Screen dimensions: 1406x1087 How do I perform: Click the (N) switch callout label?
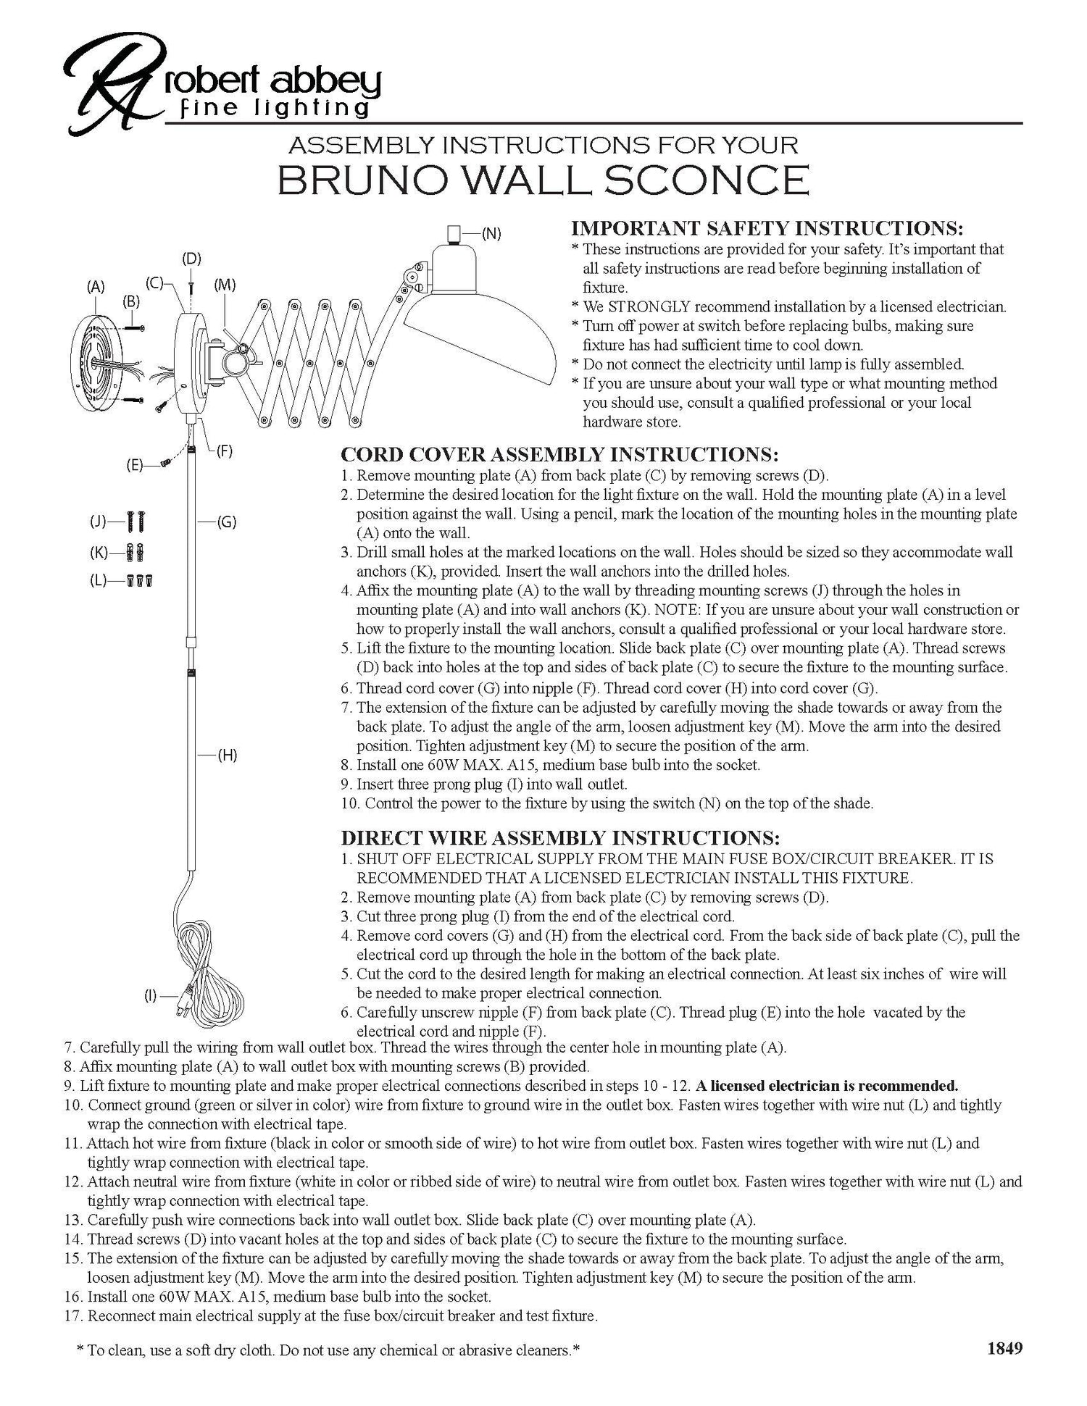click(x=491, y=233)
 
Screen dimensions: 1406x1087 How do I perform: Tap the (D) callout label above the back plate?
click(x=191, y=259)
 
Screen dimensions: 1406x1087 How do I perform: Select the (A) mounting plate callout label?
click(x=96, y=287)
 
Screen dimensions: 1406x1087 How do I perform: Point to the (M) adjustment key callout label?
click(x=225, y=285)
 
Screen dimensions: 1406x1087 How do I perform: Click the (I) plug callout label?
click(x=150, y=997)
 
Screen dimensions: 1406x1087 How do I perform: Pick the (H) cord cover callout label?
click(x=228, y=756)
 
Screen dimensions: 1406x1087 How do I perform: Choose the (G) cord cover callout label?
click(x=227, y=522)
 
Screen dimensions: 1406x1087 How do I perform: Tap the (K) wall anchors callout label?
click(x=99, y=553)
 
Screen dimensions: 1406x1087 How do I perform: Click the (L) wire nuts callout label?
click(x=98, y=580)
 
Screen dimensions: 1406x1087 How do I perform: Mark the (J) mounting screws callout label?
click(x=98, y=521)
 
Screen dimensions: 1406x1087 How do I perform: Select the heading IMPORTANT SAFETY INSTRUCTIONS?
click(x=767, y=228)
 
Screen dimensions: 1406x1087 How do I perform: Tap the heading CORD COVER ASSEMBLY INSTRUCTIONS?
click(x=559, y=455)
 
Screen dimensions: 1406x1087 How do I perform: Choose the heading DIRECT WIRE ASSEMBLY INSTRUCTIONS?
click(x=560, y=838)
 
